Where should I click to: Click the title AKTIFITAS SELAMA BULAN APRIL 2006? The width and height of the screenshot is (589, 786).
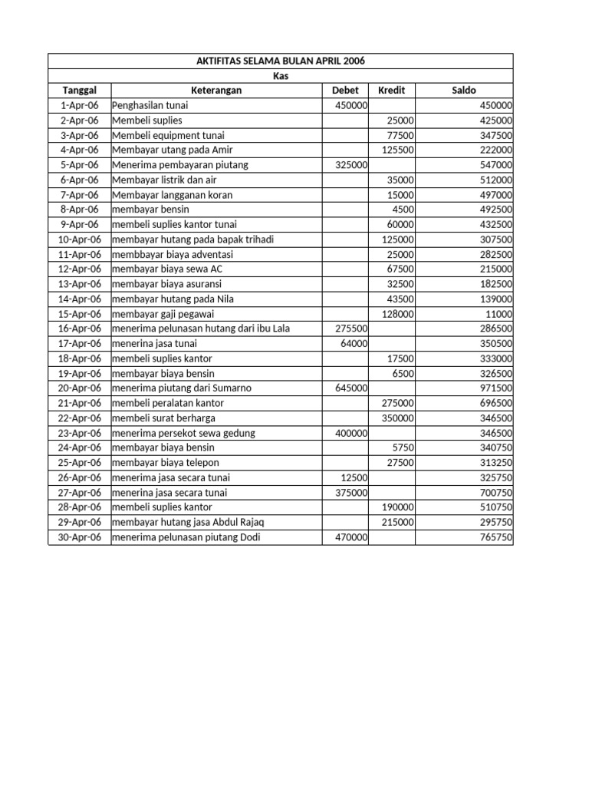pyautogui.click(x=280, y=61)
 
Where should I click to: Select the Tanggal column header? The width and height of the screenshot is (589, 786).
pyautogui.click(x=80, y=91)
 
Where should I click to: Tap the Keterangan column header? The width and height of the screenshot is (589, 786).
pyautogui.click(x=216, y=91)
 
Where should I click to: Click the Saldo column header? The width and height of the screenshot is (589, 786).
pyautogui.click(x=464, y=91)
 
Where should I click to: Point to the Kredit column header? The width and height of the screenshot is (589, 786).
pyautogui.click(x=392, y=91)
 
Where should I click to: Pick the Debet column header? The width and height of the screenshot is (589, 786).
pyautogui.click(x=345, y=91)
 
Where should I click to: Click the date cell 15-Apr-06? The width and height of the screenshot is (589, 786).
pyautogui.click(x=80, y=314)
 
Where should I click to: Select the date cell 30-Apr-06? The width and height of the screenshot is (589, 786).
pyautogui.click(x=80, y=537)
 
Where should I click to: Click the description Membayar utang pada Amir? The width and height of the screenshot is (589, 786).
pyautogui.click(x=172, y=150)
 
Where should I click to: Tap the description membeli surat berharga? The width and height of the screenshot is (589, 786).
pyautogui.click(x=163, y=418)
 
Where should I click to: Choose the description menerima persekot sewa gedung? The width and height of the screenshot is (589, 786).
pyautogui.click(x=183, y=433)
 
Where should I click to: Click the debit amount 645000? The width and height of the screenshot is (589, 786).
pyautogui.click(x=351, y=388)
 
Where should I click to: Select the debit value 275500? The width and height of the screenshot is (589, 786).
pyautogui.click(x=351, y=329)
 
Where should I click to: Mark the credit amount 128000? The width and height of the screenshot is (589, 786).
pyautogui.click(x=398, y=314)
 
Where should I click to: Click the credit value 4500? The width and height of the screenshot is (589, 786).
pyautogui.click(x=403, y=210)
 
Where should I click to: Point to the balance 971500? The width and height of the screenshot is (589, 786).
pyautogui.click(x=496, y=388)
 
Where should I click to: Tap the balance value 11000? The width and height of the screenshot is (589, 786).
pyautogui.click(x=499, y=314)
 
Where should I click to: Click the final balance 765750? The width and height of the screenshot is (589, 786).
pyautogui.click(x=496, y=537)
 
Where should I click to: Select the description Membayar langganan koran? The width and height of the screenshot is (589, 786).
pyautogui.click(x=172, y=195)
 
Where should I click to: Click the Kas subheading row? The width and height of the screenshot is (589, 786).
pyautogui.click(x=280, y=76)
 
